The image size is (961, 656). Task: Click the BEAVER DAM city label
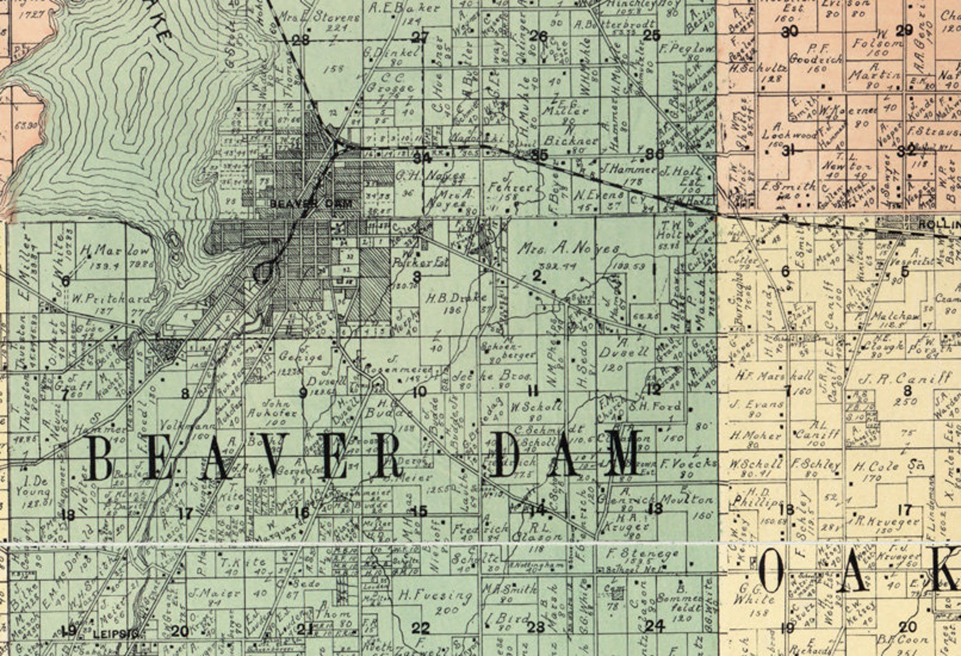tap(310, 204)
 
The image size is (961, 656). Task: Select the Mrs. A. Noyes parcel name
tap(568, 249)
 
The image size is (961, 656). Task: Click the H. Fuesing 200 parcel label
tap(435, 596)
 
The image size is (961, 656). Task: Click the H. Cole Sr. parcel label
tap(884, 467)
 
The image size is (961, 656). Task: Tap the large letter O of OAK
tap(773, 573)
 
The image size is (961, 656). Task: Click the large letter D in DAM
tap(511, 454)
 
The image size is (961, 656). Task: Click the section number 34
tap(422, 159)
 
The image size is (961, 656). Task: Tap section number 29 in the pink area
tap(904, 31)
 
